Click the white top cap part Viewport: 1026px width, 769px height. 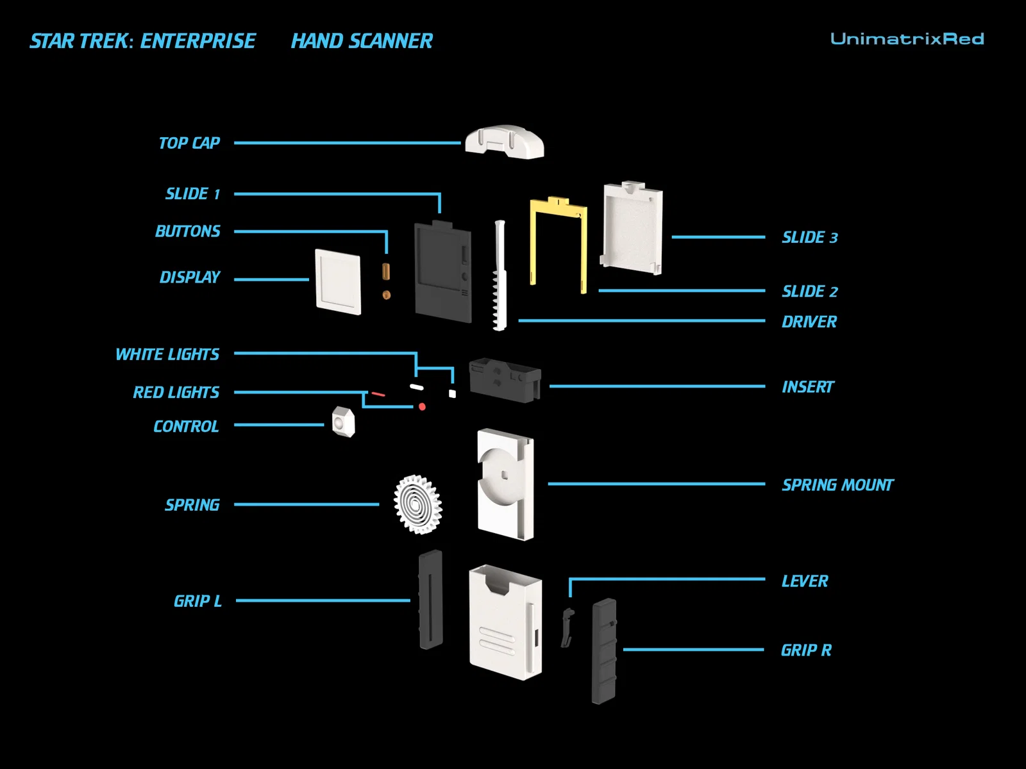coord(505,142)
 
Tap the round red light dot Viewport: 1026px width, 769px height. coord(422,407)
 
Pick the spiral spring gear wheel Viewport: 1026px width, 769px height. coord(418,504)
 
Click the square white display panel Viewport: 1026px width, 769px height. coord(338,282)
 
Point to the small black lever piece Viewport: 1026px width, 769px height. coord(567,627)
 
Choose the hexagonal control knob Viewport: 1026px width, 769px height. coord(343,422)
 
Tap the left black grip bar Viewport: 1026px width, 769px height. coord(431,600)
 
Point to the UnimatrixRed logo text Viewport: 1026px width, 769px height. coord(907,39)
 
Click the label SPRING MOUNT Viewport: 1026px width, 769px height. coord(837,485)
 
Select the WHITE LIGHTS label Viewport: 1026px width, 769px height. coord(167,354)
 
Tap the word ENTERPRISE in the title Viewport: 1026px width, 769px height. coord(198,42)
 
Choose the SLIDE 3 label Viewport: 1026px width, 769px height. coord(810,238)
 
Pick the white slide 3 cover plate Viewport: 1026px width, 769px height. coord(632,227)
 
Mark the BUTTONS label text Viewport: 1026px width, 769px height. coord(188,231)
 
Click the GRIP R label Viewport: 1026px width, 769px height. coord(806,650)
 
